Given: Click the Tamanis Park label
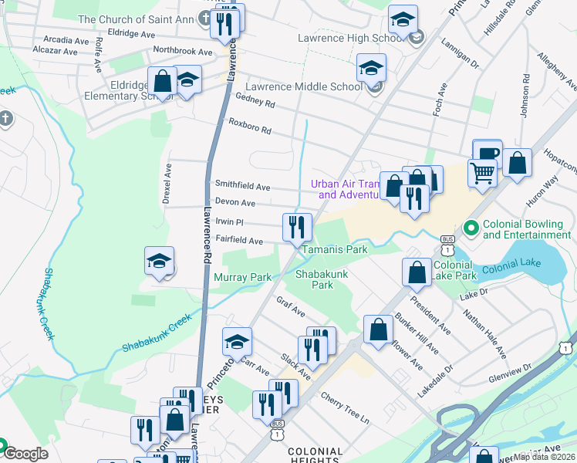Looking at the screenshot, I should [x=334, y=250].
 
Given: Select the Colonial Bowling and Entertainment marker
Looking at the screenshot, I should [x=471, y=228].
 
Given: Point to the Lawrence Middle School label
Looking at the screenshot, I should [x=303, y=87].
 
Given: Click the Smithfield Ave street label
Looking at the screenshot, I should [x=242, y=187].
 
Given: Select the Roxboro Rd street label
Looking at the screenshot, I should [x=250, y=127].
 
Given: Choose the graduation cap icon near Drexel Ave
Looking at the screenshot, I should [x=160, y=262].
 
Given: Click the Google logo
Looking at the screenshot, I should [x=25, y=454].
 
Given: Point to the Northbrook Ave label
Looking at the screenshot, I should [x=182, y=52].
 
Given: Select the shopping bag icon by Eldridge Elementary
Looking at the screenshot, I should [x=164, y=81].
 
